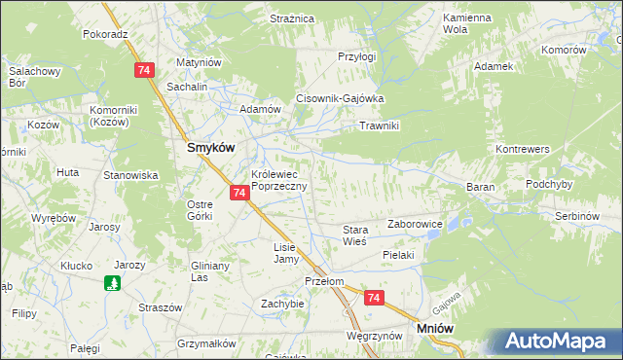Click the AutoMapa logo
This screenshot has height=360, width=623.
click(556, 342)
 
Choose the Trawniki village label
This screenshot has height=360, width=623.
click(380, 126)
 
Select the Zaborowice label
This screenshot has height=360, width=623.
click(416, 224)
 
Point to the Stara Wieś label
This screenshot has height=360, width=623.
click(354, 235)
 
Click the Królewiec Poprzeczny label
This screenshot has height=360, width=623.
click(278, 180)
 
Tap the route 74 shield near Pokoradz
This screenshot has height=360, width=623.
click(144, 70)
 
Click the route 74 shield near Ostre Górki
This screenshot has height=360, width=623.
click(239, 194)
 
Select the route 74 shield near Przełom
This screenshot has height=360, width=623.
click(373, 299)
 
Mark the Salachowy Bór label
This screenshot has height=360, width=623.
click(36, 76)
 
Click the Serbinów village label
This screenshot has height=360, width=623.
click(575, 214)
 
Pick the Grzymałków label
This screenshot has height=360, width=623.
click(206, 343)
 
